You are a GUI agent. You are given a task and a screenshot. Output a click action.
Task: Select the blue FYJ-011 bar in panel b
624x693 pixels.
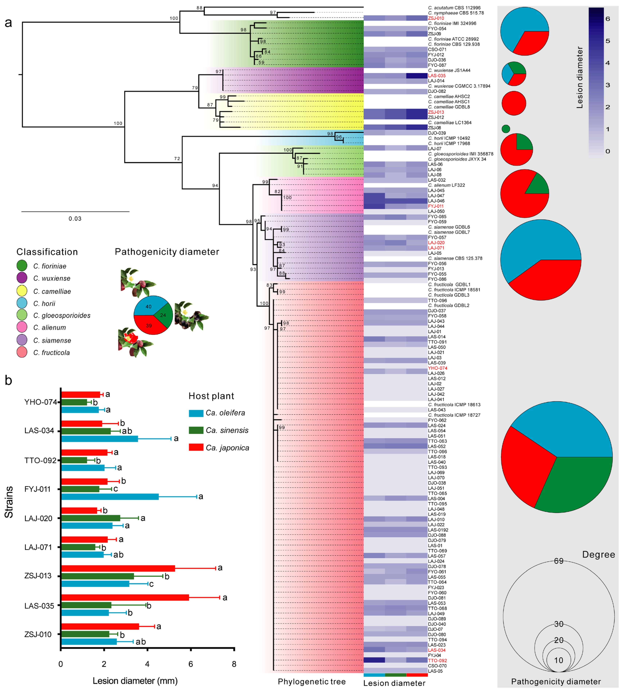click(110, 496)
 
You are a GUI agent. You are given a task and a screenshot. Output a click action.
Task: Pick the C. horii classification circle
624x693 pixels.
click(22, 303)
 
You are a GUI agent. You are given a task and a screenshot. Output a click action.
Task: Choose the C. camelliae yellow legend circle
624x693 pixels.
click(22, 291)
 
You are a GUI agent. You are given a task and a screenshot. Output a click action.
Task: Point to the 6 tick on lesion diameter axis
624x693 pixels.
click(191, 664)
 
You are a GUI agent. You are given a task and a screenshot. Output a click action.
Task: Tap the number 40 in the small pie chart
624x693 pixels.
click(148, 307)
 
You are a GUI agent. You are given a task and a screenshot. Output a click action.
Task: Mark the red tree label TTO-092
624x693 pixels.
click(437, 660)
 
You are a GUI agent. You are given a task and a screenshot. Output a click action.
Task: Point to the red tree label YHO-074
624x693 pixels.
click(437, 368)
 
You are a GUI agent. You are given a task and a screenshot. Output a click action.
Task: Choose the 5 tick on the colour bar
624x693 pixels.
click(608, 41)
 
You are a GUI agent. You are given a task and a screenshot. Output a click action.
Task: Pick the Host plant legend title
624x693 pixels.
click(211, 396)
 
